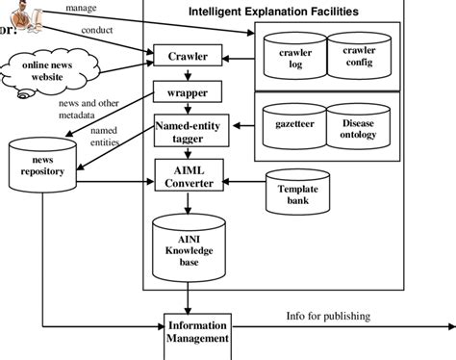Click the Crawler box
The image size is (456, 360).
(189, 57)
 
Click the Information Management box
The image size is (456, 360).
(197, 331)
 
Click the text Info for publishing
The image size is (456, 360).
(328, 315)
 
